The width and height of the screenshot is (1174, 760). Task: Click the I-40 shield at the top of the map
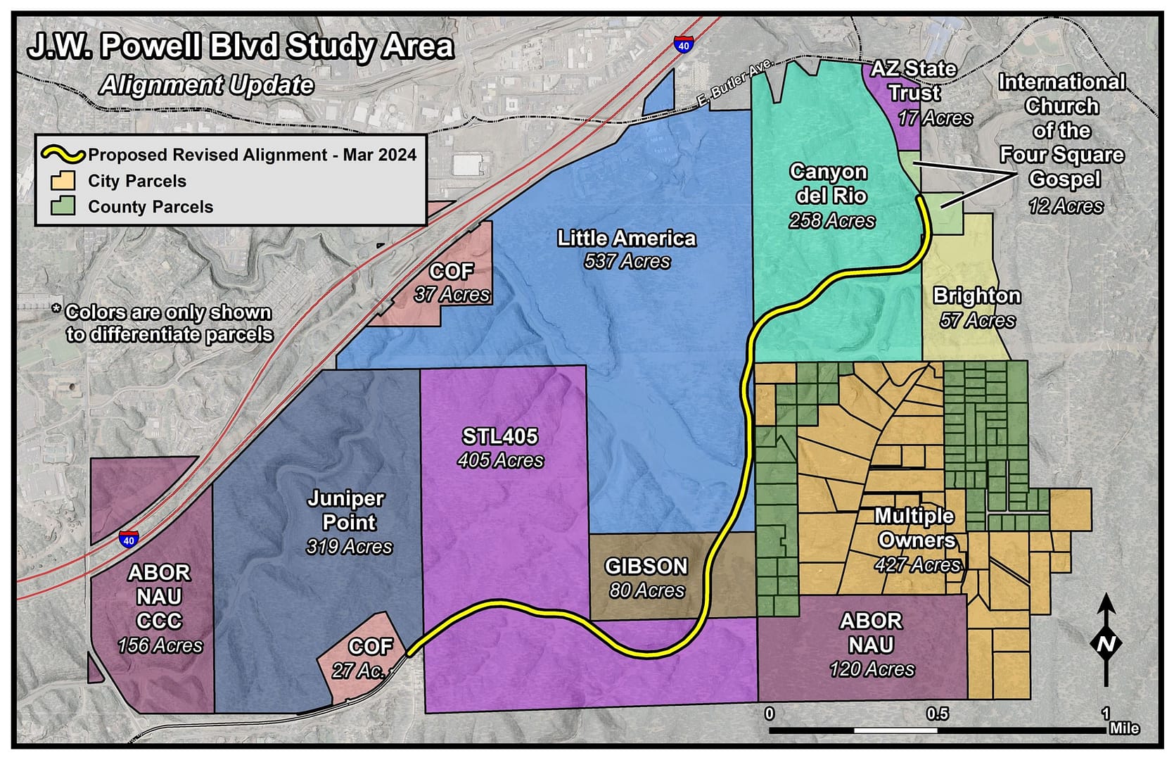pos(683,44)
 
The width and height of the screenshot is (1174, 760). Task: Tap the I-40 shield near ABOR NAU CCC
pos(128,539)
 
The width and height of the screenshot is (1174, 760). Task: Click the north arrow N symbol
pos(1106,643)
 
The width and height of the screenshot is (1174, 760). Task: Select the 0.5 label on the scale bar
pos(937,714)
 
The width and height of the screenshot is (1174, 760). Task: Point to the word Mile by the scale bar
pos(1124,728)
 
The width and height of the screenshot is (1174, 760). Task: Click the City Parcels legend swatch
pos(63,180)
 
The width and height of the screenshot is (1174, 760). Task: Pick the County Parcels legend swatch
pos(63,206)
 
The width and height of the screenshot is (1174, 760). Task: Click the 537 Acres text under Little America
pos(627,262)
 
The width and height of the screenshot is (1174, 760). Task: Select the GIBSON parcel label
pos(646,566)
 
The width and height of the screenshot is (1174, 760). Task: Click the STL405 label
pos(499,436)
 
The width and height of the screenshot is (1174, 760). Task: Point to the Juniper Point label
pos(347,510)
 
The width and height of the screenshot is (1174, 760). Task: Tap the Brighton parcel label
pos(976,296)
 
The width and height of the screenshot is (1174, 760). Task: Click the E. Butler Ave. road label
pos(733,84)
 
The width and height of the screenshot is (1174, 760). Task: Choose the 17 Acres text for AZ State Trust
pos(935,118)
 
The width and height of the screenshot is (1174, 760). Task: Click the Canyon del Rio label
pos(830,184)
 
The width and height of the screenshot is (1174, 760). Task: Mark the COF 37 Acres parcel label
pos(452,282)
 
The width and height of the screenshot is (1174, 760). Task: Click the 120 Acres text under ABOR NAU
pos(872,669)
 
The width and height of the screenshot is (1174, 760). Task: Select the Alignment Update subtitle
pos(207,85)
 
